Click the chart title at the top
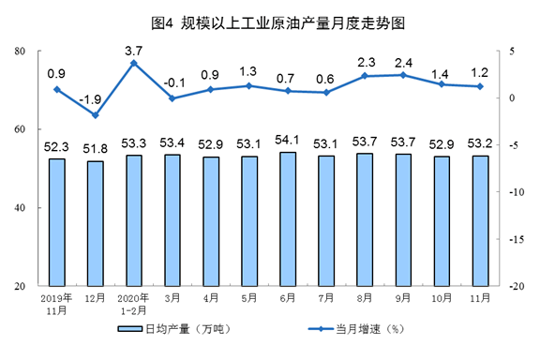(277, 23)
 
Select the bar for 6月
(288, 219)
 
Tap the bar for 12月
(96, 223)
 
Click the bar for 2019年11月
(57, 222)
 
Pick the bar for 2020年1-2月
(134, 221)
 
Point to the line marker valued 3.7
(134, 63)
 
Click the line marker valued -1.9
(96, 115)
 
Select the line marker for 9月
(403, 75)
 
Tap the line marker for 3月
(172, 98)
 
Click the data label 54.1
(288, 140)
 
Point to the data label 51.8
(95, 149)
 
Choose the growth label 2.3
(366, 63)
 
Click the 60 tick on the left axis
(20, 129)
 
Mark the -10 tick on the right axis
(517, 192)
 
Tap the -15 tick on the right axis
(517, 239)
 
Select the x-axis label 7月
(326, 297)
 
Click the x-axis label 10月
(442, 297)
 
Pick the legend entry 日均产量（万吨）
(174, 329)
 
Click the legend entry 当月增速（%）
(356, 329)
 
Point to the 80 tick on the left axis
(20, 51)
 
